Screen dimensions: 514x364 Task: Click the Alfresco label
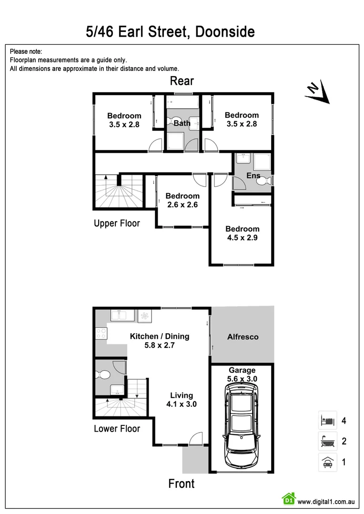click(x=243, y=336)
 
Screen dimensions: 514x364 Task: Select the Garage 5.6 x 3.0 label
click(x=242, y=374)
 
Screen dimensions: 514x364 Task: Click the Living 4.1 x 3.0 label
click(x=182, y=399)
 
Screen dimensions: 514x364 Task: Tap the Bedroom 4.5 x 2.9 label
click(x=242, y=233)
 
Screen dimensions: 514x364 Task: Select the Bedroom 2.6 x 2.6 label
click(x=182, y=200)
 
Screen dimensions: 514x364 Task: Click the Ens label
click(x=253, y=176)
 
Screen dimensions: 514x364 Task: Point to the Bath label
click(x=182, y=123)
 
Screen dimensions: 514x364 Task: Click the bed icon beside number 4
click(x=327, y=420)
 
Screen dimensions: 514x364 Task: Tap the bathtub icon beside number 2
click(x=327, y=441)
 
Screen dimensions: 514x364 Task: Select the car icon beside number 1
click(x=327, y=462)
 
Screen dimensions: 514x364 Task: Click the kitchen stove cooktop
click(x=101, y=334)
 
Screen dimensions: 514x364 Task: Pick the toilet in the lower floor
click(x=102, y=374)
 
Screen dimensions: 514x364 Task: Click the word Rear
click(x=182, y=81)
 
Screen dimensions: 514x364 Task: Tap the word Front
click(x=182, y=484)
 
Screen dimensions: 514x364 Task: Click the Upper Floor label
click(x=117, y=223)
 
